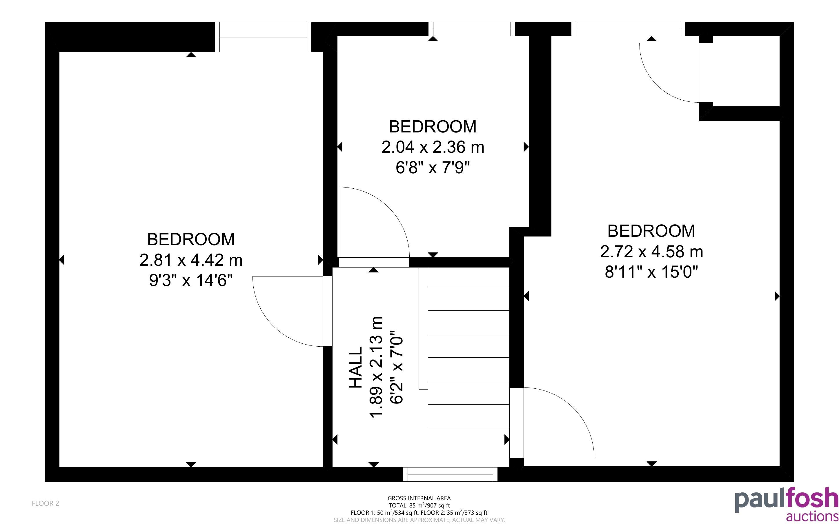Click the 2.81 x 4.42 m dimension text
pyautogui.click(x=191, y=260)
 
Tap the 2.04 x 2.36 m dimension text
pyautogui.click(x=433, y=147)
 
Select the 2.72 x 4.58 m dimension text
pyautogui.click(x=651, y=252)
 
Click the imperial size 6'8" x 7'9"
pyautogui.click(x=433, y=168)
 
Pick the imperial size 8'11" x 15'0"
pyautogui.click(x=651, y=272)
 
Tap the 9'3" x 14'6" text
pyautogui.click(x=191, y=280)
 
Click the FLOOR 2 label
pyautogui.click(x=46, y=503)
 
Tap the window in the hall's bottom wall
pyautogui.click(x=450, y=474)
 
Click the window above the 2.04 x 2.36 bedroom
pyautogui.click(x=472, y=29)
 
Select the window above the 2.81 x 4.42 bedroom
pyautogui.click(x=263, y=37)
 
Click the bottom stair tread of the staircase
pyautogui.click(x=469, y=416)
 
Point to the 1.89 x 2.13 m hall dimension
pyautogui.click(x=376, y=368)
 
